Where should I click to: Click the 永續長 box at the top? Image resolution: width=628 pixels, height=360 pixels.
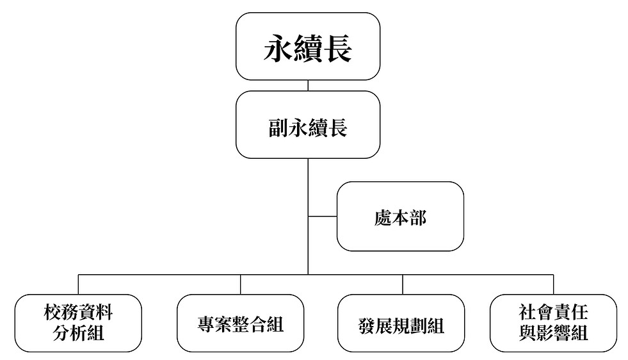coord(307,46)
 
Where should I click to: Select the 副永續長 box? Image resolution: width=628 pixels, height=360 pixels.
coord(307,124)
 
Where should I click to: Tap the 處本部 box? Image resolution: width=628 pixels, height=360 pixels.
coord(400,217)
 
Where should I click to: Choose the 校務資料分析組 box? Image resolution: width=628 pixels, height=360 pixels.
coord(78,323)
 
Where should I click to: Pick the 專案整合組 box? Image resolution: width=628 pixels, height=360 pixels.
coord(240,323)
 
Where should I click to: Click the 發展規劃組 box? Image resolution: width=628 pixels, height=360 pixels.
coord(401,323)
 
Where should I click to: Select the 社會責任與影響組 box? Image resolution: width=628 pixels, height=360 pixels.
coord(554,323)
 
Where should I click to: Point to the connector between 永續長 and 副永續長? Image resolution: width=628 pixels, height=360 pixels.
coord(308,85)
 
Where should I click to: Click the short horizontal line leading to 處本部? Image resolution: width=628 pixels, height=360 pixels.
coord(323,217)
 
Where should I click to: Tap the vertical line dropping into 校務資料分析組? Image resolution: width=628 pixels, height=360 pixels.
coord(79,284)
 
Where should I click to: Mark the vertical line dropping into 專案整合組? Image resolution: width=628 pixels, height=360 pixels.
coord(241,284)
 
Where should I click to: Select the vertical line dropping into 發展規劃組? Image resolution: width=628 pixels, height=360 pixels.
coord(402,284)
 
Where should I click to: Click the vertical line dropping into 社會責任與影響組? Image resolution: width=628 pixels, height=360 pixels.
coord(554,284)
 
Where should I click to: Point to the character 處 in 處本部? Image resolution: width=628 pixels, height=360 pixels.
coord(382,218)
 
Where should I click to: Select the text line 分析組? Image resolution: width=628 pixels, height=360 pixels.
coord(78,334)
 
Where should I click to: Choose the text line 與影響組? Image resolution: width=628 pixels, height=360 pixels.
coord(554,334)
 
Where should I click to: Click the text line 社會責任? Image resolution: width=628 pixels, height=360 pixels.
coord(554,313)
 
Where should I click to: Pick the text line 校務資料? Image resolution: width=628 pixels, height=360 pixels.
coord(78,313)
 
